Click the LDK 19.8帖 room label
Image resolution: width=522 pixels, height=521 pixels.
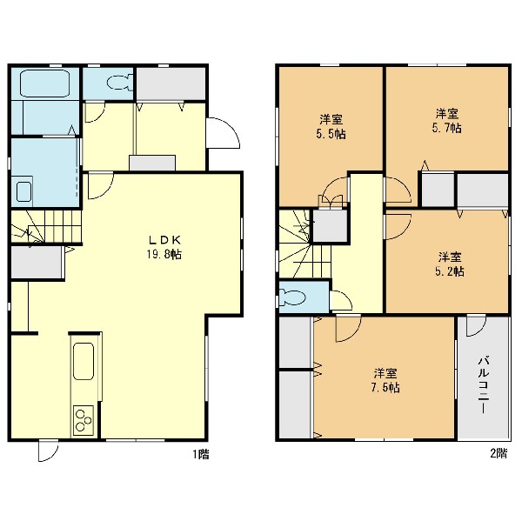164,247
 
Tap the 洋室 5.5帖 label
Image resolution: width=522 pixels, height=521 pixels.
331,126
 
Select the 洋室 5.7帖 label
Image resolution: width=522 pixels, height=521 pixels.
447,121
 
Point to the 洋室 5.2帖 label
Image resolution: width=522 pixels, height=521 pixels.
450,264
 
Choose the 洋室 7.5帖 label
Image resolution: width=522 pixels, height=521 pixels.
385,380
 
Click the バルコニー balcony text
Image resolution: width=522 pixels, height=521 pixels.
484,384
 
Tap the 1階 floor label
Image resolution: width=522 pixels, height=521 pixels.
201,454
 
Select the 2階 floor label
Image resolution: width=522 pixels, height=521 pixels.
499,453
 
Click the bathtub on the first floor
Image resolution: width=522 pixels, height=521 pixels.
44,83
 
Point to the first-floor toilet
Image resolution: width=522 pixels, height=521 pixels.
120,83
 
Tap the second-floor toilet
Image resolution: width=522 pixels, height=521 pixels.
292,297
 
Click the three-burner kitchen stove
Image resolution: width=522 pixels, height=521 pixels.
84,420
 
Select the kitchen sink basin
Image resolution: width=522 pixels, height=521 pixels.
84,361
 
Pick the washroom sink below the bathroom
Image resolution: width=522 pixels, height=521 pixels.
24,191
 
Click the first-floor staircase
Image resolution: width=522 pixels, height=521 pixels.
45,227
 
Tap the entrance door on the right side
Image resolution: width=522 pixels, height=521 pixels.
223,133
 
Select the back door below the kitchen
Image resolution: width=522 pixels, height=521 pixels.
48,451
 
